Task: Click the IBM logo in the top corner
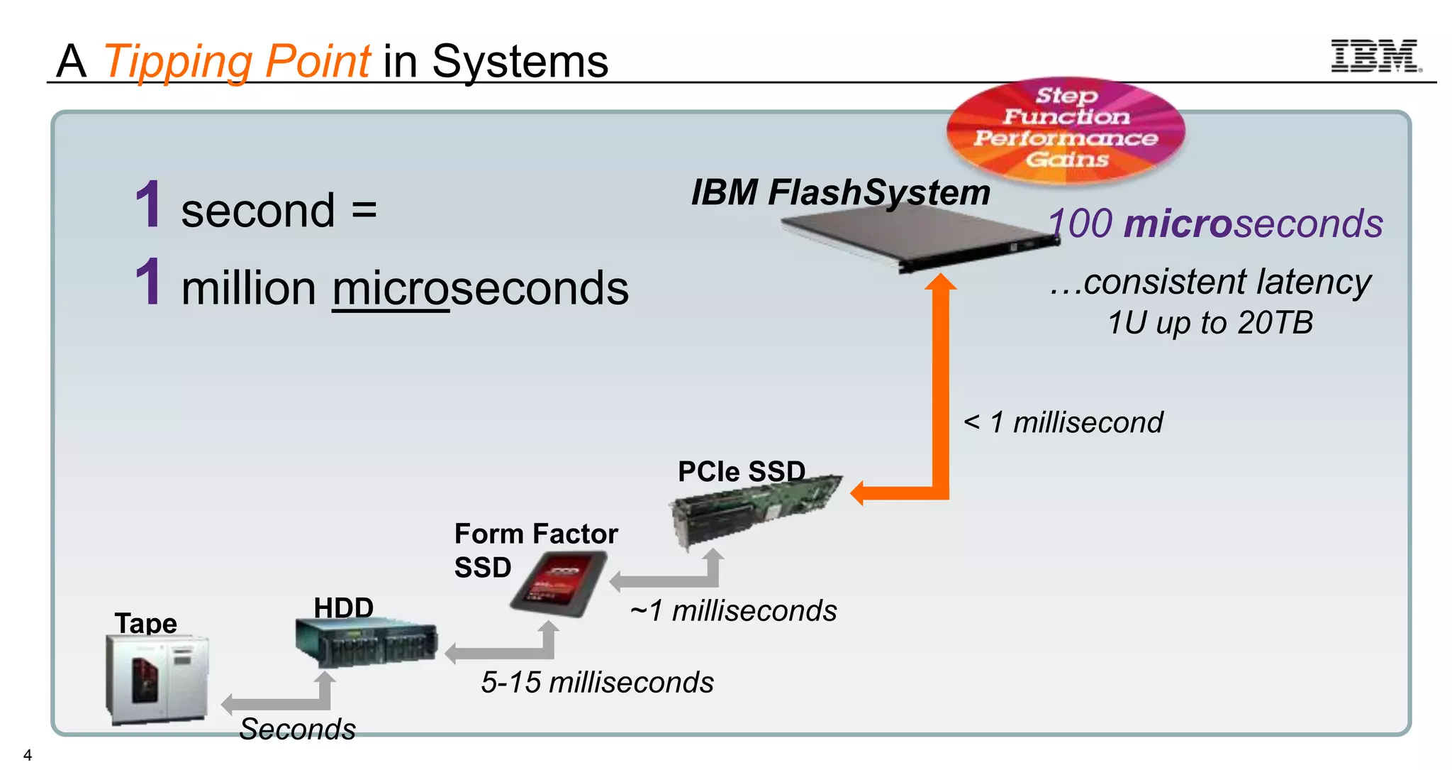[x=1375, y=56]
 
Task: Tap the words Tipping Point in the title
[x=237, y=62]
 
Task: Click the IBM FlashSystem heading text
[x=840, y=192]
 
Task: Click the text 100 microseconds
[x=1215, y=224]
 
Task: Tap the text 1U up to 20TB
[x=1210, y=323]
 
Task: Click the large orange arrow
[x=940, y=397]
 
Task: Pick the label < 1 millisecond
[x=1063, y=422]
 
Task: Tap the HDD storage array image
[x=366, y=642]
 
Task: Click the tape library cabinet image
[x=157, y=678]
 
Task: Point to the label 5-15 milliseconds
[x=597, y=683]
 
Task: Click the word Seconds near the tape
[x=297, y=729]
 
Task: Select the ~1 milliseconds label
[x=733, y=611]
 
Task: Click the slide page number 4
[x=28, y=755]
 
